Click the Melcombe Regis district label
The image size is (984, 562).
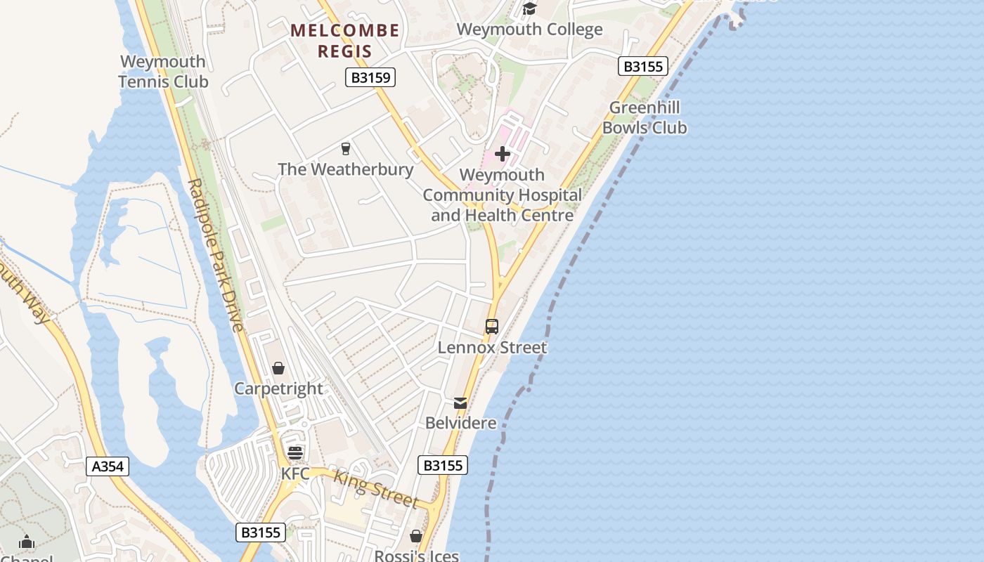point(344,41)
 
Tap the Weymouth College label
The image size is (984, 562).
point(529,30)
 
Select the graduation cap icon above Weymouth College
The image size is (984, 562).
point(529,8)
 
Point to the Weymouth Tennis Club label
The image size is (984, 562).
point(163,72)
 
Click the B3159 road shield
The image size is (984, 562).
point(370,77)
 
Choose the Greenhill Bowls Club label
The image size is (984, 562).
point(645,118)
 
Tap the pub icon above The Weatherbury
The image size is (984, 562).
point(345,148)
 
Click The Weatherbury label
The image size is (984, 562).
point(345,169)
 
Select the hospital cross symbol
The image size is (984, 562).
point(503,154)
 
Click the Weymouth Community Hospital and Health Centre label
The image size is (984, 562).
point(502,195)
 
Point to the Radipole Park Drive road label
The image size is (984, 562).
point(216,255)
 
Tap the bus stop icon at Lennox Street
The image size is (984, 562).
point(492,327)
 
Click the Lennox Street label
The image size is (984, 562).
point(492,348)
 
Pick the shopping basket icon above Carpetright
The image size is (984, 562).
point(278,368)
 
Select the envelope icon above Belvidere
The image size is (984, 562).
point(460,403)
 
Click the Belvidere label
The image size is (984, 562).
point(460,424)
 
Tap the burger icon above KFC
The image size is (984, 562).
point(295,453)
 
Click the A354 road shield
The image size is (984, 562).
point(108,466)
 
